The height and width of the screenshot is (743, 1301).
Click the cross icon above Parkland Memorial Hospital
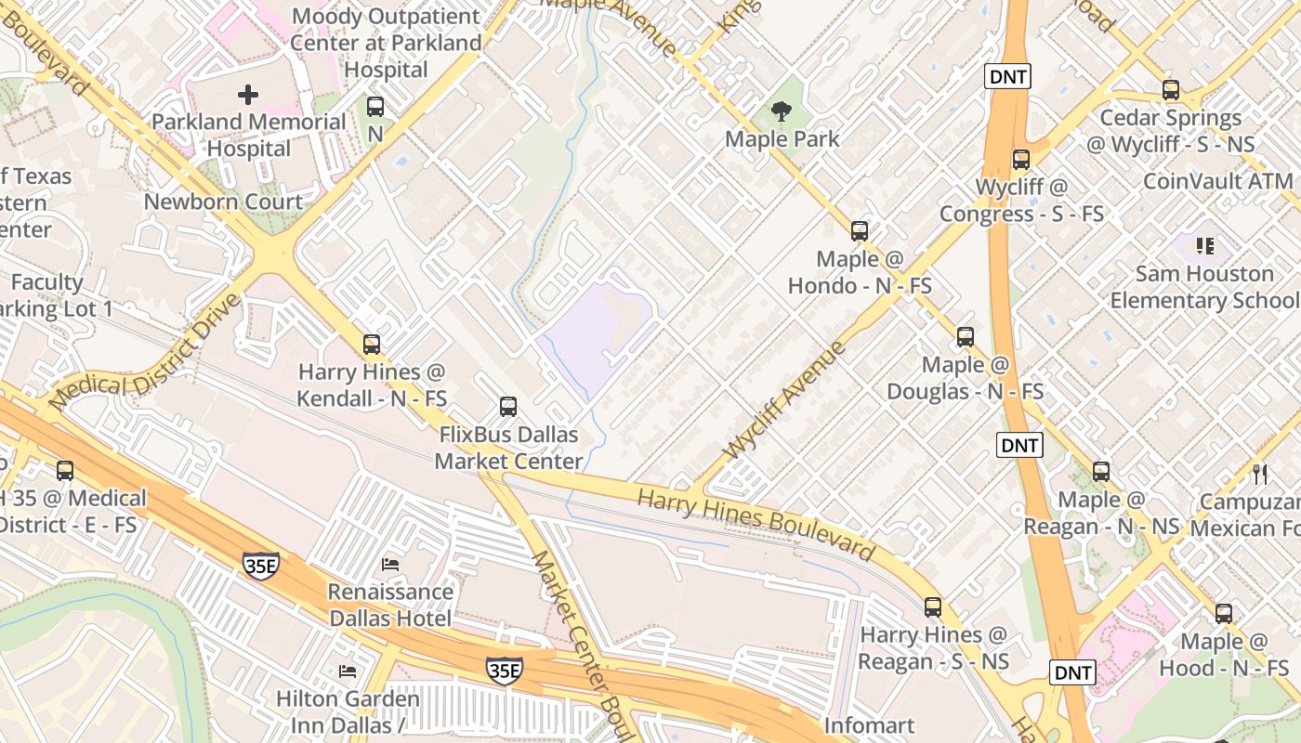248,94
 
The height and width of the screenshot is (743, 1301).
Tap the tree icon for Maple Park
782,112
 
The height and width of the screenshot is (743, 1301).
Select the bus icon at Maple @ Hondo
860,231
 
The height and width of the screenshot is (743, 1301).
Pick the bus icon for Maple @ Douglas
966,337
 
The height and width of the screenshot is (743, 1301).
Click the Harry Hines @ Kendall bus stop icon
372,345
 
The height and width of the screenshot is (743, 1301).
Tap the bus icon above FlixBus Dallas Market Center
508,407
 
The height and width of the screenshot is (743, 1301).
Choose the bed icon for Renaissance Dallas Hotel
391,564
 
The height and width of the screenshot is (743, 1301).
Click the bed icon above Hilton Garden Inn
348,671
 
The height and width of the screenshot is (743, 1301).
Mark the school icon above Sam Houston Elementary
1205,246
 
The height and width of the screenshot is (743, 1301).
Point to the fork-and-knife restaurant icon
1260,475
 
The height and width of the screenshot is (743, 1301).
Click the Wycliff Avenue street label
785,400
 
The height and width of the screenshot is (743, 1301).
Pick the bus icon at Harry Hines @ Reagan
933,607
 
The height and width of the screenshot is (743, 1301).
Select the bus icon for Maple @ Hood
1224,614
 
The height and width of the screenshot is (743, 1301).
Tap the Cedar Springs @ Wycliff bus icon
1171,91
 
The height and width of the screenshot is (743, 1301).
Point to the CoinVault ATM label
1217,181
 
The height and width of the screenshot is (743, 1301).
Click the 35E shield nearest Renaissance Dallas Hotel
261,566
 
